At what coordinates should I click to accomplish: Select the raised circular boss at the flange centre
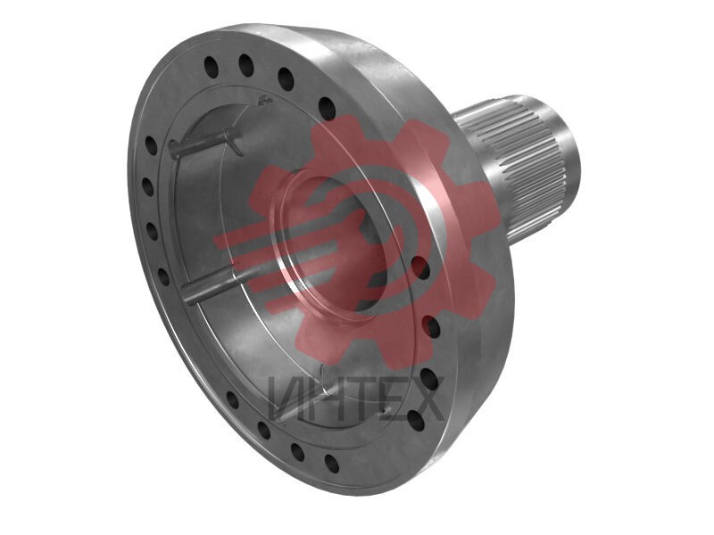coord(328,240)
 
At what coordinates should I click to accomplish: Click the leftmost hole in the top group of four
coord(212,66)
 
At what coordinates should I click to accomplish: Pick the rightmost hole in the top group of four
coord(327,109)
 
